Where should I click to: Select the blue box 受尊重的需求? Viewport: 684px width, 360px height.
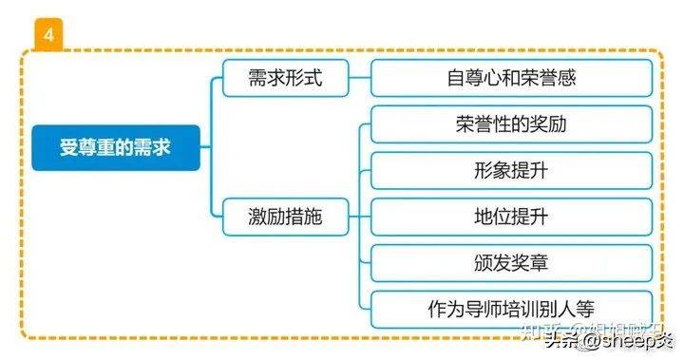click(x=116, y=148)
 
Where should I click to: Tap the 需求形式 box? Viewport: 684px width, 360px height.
click(x=285, y=77)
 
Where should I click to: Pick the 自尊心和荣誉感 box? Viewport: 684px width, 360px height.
click(x=511, y=78)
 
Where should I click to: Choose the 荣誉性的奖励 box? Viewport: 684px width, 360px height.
click(x=511, y=124)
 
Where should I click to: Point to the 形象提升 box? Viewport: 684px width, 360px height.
click(x=511, y=171)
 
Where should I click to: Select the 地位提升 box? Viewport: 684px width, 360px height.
click(x=511, y=217)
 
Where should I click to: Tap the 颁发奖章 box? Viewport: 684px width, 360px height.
click(x=511, y=263)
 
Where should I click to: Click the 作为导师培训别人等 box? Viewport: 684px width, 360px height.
click(x=511, y=310)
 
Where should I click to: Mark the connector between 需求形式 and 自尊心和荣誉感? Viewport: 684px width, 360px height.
click(x=359, y=78)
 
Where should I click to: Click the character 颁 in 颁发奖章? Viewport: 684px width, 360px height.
click(x=483, y=263)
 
